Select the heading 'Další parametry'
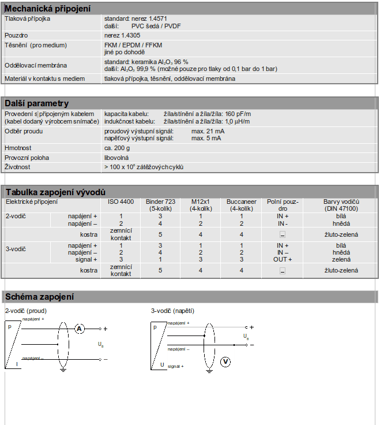click(x=37, y=103)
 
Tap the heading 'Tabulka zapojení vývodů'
click(x=55, y=192)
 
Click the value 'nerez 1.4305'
click(x=123, y=35)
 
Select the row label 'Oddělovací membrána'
click(x=36, y=65)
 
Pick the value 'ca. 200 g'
click(x=117, y=148)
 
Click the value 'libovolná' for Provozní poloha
click(x=116, y=158)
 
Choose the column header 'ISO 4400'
click(x=121, y=202)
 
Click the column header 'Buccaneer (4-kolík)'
click(x=241, y=204)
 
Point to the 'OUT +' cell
click(x=283, y=259)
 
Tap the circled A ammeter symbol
click(x=80, y=329)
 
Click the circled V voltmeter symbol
click(x=226, y=362)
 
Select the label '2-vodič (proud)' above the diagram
click(x=26, y=311)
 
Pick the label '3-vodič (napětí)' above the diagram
click(x=174, y=311)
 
